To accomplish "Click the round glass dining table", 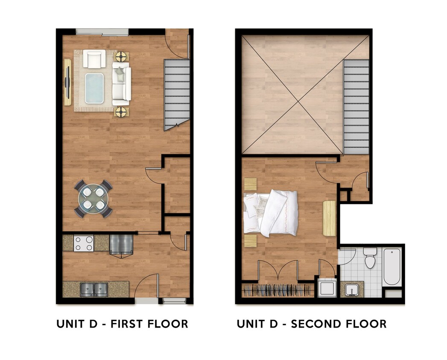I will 93,199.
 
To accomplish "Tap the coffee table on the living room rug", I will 94,88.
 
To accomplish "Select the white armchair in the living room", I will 94,59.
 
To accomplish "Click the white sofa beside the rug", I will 121,84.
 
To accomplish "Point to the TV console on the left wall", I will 67,82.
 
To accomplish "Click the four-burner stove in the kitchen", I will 84,243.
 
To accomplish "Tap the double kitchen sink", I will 94,290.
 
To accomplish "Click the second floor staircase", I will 356,107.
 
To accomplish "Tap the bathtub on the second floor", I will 392,267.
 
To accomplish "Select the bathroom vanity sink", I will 352,289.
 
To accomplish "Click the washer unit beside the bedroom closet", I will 327,287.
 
